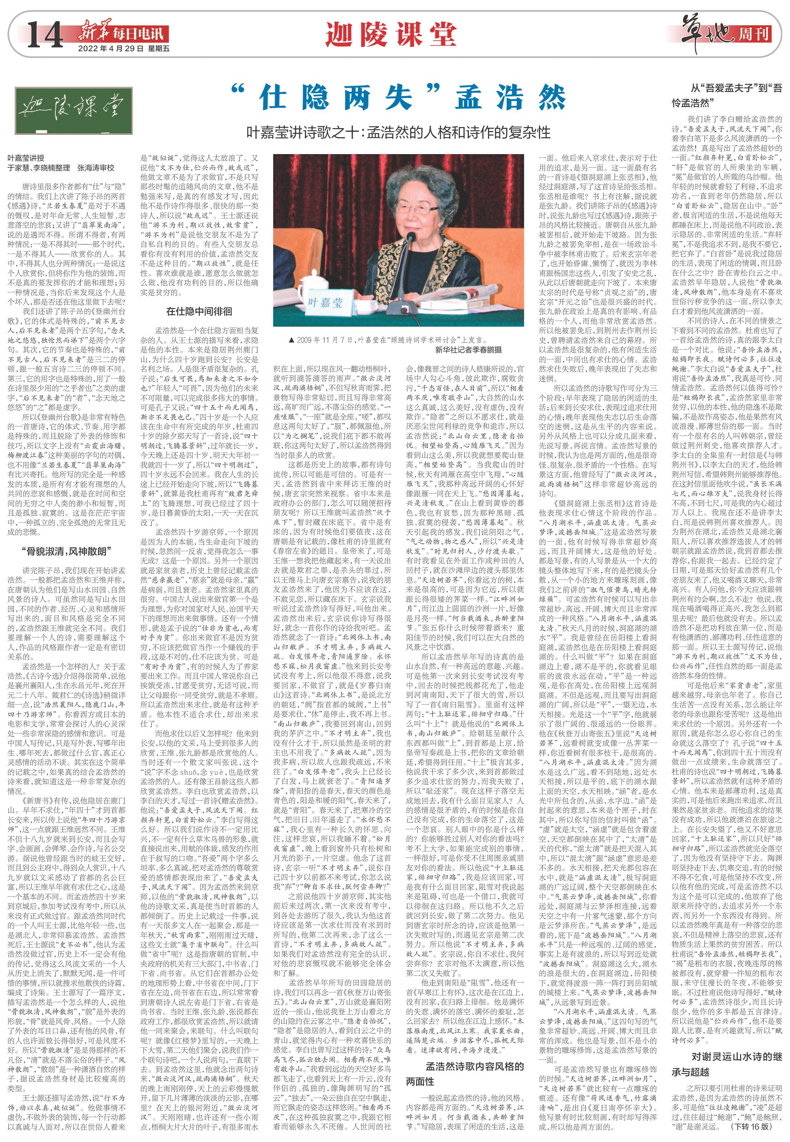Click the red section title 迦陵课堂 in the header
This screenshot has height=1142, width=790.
click(x=391, y=33)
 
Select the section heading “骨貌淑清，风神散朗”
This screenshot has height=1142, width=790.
click(x=67, y=551)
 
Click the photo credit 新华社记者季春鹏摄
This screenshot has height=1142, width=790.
click(x=468, y=350)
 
